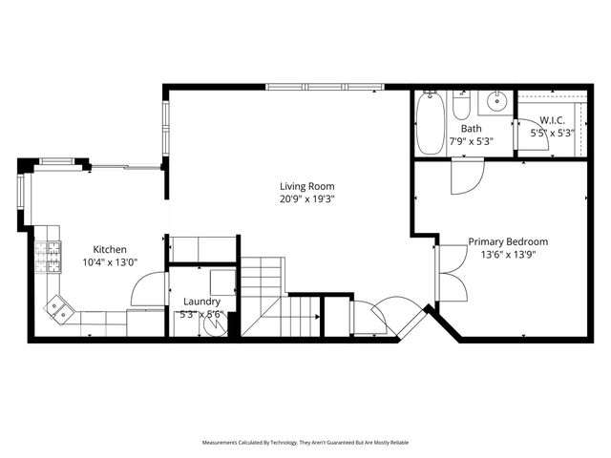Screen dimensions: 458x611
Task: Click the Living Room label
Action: click(306, 186)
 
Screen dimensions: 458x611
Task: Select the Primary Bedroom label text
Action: click(507, 242)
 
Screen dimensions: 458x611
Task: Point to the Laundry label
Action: click(200, 302)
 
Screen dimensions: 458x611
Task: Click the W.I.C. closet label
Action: click(553, 120)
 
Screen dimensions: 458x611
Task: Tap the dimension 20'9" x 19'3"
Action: click(306, 199)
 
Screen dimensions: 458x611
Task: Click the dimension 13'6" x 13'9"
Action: click(507, 256)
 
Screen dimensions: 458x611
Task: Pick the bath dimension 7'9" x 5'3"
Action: click(472, 141)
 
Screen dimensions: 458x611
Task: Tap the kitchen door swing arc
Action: click(145, 289)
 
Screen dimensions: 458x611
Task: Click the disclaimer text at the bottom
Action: click(305, 443)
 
